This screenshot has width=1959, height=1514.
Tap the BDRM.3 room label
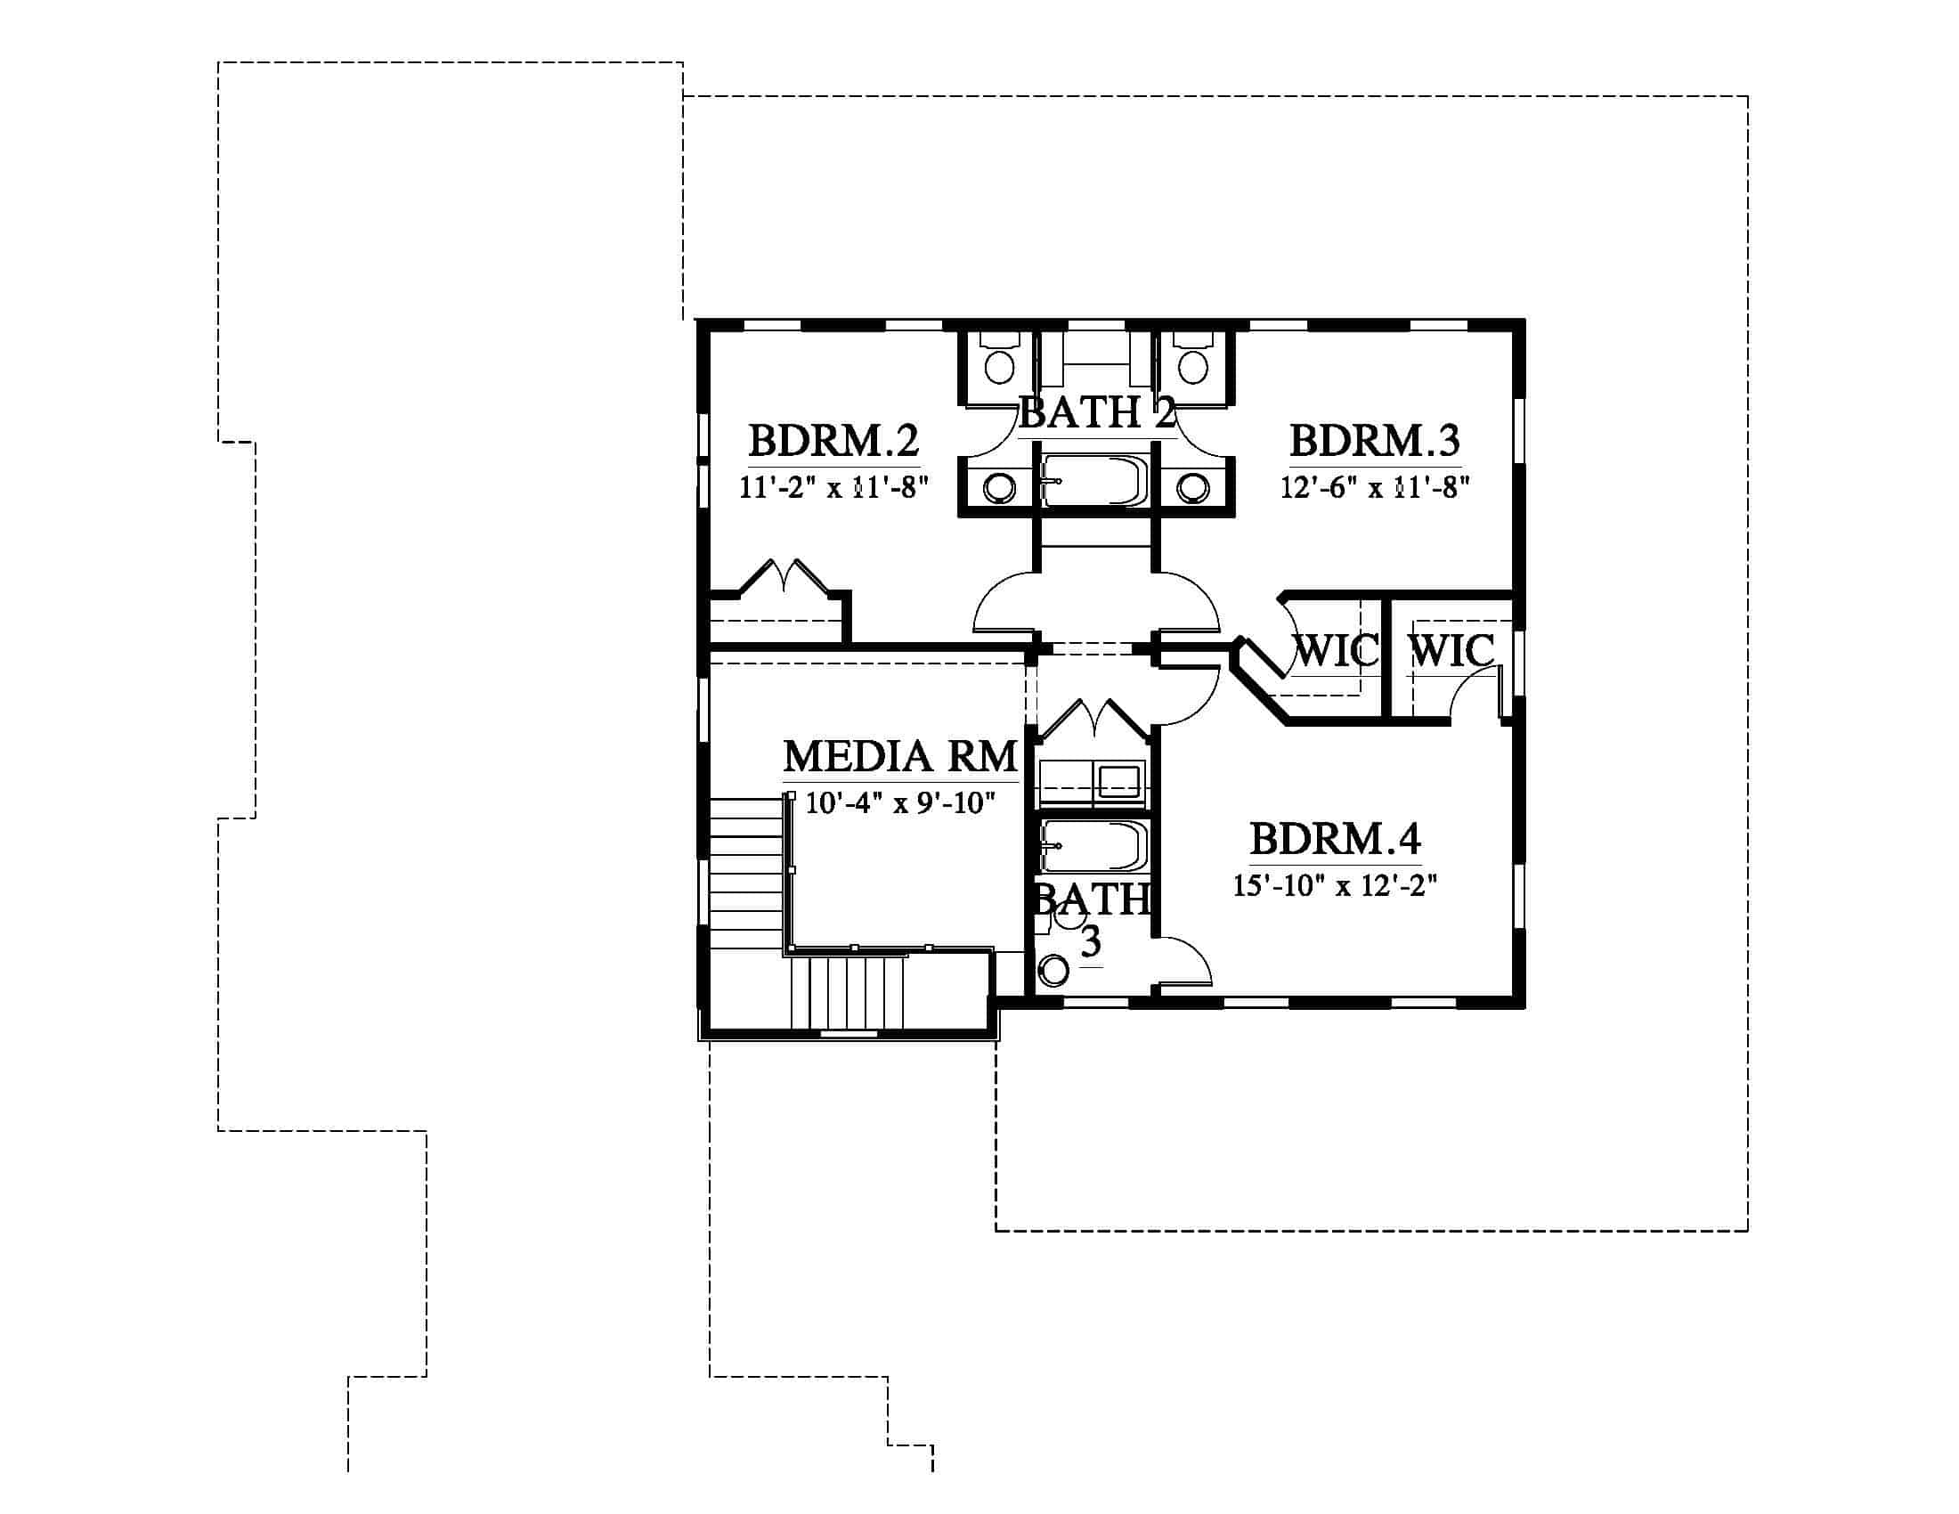coord(1374,441)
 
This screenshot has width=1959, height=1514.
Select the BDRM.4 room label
coord(1335,840)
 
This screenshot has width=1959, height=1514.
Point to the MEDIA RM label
coord(900,756)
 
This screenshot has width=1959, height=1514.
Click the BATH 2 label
coord(1097,412)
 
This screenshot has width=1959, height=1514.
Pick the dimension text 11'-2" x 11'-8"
coord(833,487)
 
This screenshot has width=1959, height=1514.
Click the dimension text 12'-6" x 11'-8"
coord(1375,487)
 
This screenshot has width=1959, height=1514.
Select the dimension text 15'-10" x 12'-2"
coord(1335,885)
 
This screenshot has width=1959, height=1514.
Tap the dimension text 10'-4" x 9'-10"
coord(900,802)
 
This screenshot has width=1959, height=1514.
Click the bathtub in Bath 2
coord(1094,482)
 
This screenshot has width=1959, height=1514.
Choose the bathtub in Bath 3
coord(1094,846)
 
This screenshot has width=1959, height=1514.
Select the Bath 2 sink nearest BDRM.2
coord(998,488)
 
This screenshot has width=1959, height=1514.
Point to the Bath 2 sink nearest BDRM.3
coord(1193,488)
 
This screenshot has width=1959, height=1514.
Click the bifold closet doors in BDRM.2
coord(784,576)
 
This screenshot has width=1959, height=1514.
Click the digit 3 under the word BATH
coord(1091,941)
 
